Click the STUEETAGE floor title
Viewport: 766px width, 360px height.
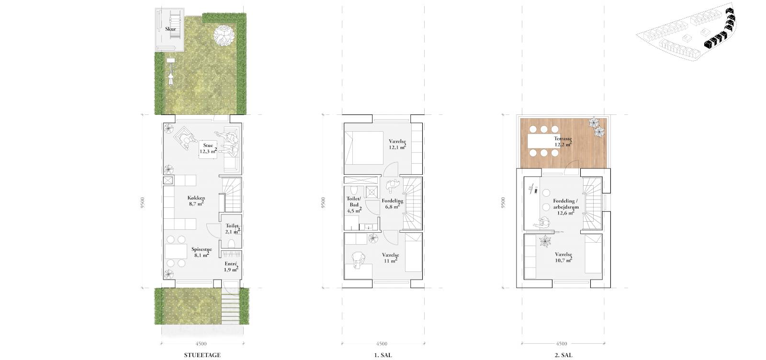pos(202,355)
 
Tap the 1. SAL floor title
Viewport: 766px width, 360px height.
pos(383,355)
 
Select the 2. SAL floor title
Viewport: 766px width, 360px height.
pos(563,355)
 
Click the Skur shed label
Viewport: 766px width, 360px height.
pos(170,29)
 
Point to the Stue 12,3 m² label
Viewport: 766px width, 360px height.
pos(208,148)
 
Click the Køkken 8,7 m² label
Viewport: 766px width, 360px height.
pos(196,201)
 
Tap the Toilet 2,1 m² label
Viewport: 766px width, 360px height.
pos(232,229)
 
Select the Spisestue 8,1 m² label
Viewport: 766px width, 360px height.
pos(202,252)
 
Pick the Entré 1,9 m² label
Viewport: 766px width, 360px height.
pos(231,267)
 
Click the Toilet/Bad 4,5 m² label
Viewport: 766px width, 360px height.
pos(354,204)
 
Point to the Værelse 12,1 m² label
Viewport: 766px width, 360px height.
pos(397,144)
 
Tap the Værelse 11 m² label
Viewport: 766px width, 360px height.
pos(391,258)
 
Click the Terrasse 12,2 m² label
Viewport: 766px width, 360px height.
pos(563,142)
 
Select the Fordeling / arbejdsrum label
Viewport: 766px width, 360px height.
pos(566,204)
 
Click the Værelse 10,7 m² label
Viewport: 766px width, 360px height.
pos(563,258)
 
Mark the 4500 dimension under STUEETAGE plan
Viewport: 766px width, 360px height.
pos(201,344)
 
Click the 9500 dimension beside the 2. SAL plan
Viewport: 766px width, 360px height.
pos(503,202)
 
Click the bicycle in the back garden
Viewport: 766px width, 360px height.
pos(170,72)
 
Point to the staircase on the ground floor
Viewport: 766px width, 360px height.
pos(232,194)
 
